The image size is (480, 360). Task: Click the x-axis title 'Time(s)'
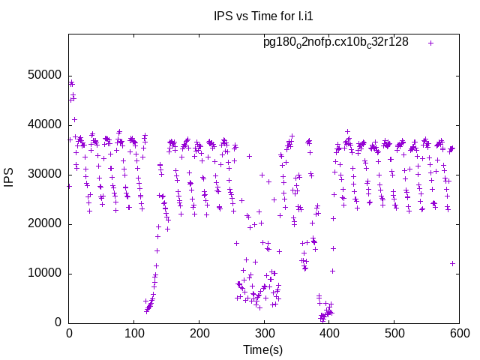[262, 349]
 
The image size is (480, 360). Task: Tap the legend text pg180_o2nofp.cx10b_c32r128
[336, 42]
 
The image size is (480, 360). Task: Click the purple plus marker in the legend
[430, 43]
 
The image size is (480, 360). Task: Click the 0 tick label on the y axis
[58, 322]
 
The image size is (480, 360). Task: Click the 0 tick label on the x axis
[69, 334]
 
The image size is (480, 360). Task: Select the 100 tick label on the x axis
[134, 334]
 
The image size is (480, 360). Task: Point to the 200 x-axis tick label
[199, 334]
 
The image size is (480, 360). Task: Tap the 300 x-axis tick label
[264, 334]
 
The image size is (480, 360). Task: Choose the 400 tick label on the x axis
[329, 334]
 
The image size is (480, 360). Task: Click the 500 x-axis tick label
[394, 334]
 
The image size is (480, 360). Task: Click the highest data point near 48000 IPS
[72, 82]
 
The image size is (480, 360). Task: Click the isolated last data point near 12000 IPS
[452, 263]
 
